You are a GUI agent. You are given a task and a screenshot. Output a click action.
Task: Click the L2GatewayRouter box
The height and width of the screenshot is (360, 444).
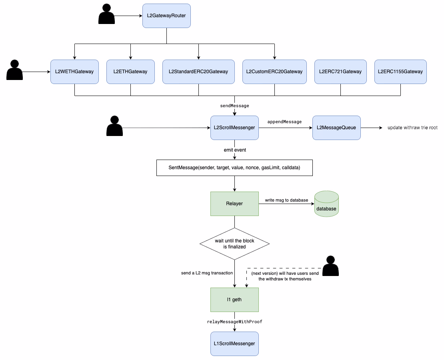coord(166,16)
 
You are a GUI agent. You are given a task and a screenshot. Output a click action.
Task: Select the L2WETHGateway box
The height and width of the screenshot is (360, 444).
coord(74,72)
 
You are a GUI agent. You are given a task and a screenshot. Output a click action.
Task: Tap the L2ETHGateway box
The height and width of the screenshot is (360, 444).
coord(130,72)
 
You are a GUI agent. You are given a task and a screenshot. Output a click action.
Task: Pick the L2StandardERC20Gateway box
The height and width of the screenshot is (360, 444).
coord(198,72)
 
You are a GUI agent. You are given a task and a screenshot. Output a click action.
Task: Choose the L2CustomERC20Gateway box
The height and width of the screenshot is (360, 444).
coord(274,72)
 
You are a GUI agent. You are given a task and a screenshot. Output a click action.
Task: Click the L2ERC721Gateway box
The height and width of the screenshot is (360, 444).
coord(340,72)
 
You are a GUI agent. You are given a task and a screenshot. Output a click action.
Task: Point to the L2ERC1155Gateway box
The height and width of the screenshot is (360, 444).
coord(400,72)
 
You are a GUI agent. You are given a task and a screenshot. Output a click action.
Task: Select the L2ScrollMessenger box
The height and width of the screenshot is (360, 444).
coord(234,128)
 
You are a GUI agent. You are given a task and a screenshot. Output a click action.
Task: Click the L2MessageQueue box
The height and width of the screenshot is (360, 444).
coord(336,128)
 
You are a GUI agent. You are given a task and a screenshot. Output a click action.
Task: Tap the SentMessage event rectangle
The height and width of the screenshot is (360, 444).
coord(234,168)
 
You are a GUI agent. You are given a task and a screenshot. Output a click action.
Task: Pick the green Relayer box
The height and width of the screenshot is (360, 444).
coord(234,204)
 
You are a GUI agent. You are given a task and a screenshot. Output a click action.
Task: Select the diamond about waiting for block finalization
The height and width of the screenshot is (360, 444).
coord(234,244)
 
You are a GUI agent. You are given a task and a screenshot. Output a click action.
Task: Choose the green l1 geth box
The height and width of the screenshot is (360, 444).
coord(234,300)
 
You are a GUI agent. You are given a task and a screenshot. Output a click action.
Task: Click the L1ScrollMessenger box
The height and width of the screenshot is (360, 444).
coord(234,344)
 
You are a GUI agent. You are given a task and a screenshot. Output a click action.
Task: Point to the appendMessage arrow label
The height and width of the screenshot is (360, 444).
coord(284,122)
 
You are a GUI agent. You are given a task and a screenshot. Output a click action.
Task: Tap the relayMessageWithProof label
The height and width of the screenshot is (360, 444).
coord(234,322)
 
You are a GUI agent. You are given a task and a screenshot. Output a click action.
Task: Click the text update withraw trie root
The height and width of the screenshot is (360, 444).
coord(412,128)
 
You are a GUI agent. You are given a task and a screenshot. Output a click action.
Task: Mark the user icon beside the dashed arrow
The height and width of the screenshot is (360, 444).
coord(330,266)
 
